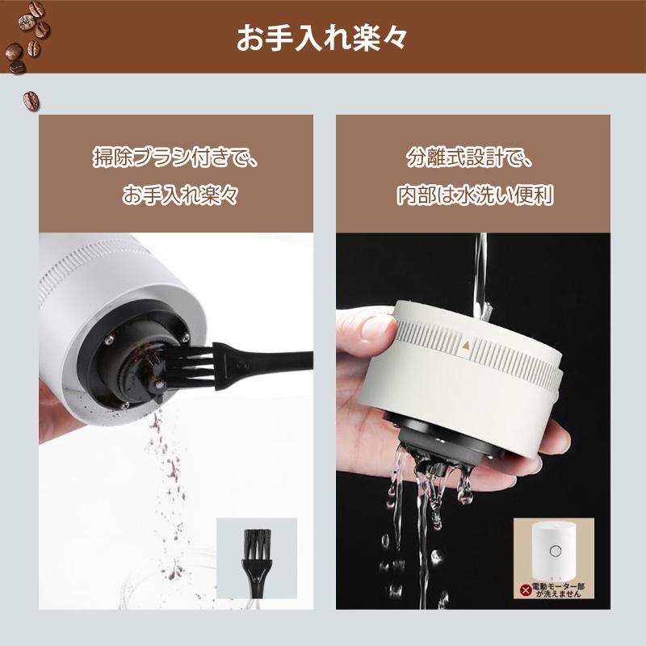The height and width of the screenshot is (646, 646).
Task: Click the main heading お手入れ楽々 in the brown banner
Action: [322, 38]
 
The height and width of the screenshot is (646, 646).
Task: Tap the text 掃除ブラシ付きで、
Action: [176, 157]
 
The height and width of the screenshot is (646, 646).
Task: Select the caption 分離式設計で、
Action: [470, 157]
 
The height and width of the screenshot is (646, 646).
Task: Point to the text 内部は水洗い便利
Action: [474, 195]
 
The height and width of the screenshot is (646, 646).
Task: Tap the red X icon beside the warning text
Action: [526, 590]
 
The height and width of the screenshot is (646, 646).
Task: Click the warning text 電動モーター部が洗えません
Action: [558, 590]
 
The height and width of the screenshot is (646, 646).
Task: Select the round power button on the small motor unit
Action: [555, 551]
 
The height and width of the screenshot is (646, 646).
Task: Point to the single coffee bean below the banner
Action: [31, 100]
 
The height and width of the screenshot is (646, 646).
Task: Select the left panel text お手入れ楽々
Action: [180, 195]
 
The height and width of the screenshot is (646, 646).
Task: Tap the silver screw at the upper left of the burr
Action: [109, 340]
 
